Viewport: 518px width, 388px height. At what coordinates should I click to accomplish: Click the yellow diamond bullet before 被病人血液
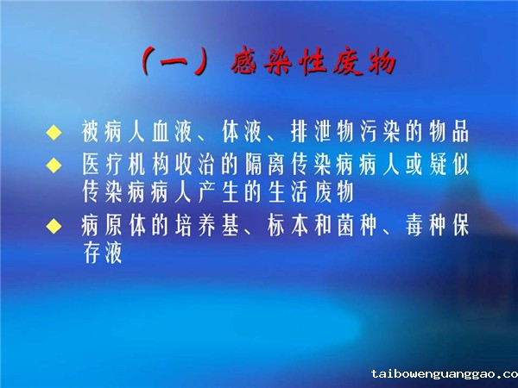[x=54, y=133]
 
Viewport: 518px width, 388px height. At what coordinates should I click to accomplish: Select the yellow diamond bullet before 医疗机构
[x=54, y=165]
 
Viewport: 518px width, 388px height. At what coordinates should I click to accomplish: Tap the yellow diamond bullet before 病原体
[x=54, y=226]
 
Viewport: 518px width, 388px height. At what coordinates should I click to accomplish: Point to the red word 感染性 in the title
[x=279, y=62]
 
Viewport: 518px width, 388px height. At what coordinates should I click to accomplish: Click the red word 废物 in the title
[x=364, y=62]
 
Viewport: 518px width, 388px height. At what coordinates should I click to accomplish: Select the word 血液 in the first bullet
[x=172, y=131]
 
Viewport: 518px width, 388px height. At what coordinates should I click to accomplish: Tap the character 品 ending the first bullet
[x=461, y=131]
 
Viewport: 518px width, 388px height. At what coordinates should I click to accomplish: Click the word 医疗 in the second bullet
[x=103, y=164]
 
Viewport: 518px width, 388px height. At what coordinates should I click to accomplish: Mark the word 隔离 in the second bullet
[x=265, y=164]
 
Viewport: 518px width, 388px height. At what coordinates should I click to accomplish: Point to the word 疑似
[x=450, y=164]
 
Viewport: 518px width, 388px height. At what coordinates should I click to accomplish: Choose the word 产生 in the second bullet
[x=218, y=191]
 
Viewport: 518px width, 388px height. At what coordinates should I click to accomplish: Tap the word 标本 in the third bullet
[x=287, y=226]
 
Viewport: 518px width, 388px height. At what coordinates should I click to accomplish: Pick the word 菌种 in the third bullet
[x=357, y=226]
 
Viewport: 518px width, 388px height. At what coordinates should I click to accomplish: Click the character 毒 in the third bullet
[x=414, y=226]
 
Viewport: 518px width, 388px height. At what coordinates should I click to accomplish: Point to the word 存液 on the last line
[x=103, y=253]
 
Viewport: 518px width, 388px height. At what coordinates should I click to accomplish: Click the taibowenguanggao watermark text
[x=445, y=374]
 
